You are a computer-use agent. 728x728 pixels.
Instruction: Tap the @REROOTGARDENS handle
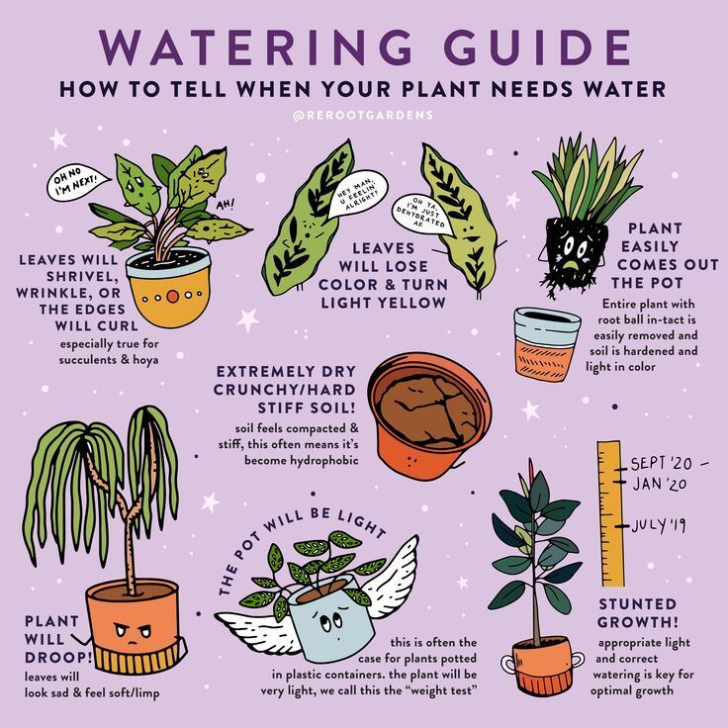pyautogui.click(x=363, y=116)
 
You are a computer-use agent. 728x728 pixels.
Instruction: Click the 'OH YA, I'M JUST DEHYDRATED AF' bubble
pyautogui.click(x=422, y=212)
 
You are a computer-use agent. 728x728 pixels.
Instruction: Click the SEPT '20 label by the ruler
pyautogui.click(x=663, y=462)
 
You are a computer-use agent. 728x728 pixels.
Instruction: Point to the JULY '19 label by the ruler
pyautogui.click(x=659, y=524)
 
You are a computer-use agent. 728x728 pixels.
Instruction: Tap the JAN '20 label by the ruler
pyautogui.click(x=660, y=484)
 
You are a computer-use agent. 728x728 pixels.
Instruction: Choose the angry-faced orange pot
pyautogui.click(x=132, y=628)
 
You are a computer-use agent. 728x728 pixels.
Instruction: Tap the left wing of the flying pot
pyautogui.click(x=251, y=625)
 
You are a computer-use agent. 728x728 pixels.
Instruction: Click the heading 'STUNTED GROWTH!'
pyautogui.click(x=637, y=612)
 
